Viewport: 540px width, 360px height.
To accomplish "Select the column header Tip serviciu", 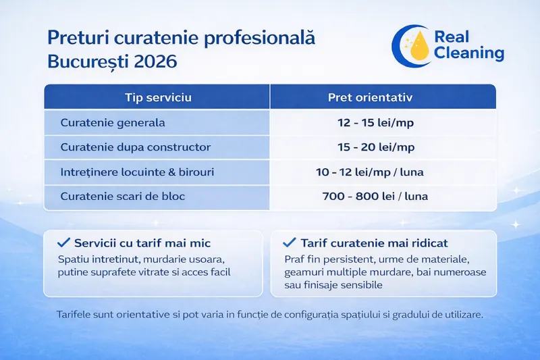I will (159, 97).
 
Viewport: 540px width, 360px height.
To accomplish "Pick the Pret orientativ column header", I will (370, 97).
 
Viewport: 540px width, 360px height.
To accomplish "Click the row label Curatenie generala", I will (113, 124).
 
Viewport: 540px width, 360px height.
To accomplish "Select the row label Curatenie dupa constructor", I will (136, 147).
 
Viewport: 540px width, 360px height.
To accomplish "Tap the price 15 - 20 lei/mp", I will (376, 147).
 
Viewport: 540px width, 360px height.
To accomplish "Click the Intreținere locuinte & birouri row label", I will (137, 172).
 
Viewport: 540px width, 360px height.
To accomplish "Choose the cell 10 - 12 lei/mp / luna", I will (370, 172).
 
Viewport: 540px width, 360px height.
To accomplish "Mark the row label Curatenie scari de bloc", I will (122, 196).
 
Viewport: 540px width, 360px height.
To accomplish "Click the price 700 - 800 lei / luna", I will (375, 196).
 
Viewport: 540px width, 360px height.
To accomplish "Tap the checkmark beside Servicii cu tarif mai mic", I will (65, 242).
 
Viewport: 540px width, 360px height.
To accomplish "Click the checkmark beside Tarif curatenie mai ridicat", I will (290, 242).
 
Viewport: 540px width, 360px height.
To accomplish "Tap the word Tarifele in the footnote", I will (76, 315).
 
